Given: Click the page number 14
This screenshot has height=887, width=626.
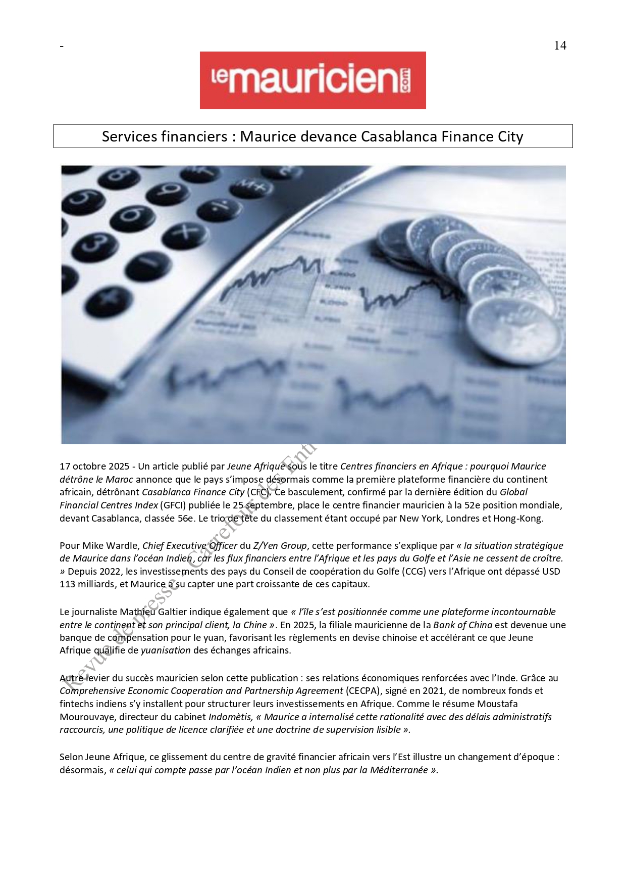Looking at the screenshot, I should coord(560,45).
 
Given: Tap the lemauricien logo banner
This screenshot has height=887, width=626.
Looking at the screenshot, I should coord(312,80).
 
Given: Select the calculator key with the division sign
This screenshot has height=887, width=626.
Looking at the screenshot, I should coord(219,209).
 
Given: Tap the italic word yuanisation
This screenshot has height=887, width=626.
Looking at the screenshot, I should coord(166,650).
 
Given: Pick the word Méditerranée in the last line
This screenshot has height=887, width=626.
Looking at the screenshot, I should coord(398,770).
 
